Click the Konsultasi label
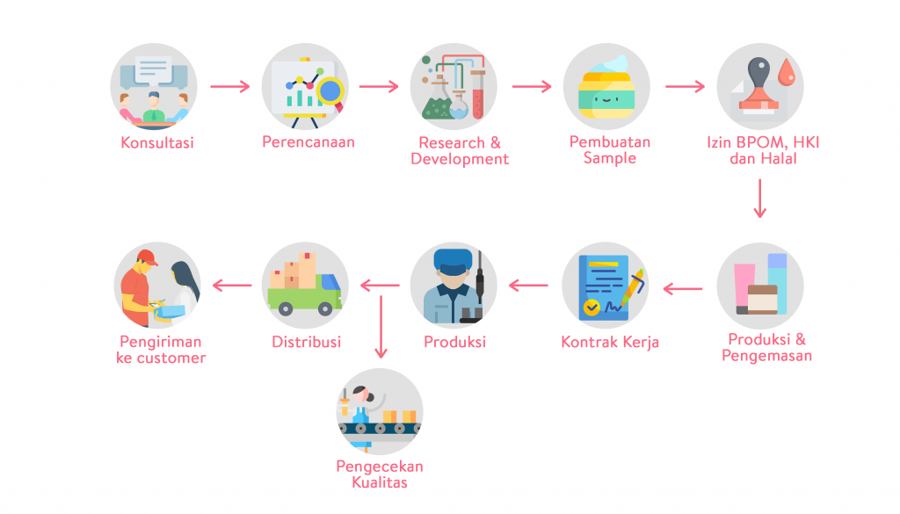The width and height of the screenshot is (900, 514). pyautogui.click(x=157, y=142)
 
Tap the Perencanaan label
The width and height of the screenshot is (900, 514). pyautogui.click(x=308, y=141)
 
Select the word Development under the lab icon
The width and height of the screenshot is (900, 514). pyautogui.click(x=459, y=159)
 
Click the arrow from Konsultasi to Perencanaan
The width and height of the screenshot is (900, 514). pyautogui.click(x=231, y=87)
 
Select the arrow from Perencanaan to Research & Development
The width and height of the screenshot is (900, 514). pyautogui.click(x=380, y=87)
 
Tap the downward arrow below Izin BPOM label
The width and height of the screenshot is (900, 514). pyautogui.click(x=760, y=199)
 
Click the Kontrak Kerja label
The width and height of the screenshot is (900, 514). pyautogui.click(x=609, y=341)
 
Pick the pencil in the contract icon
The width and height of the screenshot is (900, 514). pyautogui.click(x=632, y=289)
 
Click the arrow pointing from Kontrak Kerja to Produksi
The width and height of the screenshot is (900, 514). pyautogui.click(x=528, y=286)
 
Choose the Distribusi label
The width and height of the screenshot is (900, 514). pyautogui.click(x=306, y=341)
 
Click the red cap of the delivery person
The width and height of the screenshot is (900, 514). pyautogui.click(x=146, y=257)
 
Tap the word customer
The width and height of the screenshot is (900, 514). pyautogui.click(x=171, y=358)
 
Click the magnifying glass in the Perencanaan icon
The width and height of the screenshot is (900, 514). pyautogui.click(x=330, y=90)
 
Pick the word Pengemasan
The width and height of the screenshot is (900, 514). pyautogui.click(x=766, y=356)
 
